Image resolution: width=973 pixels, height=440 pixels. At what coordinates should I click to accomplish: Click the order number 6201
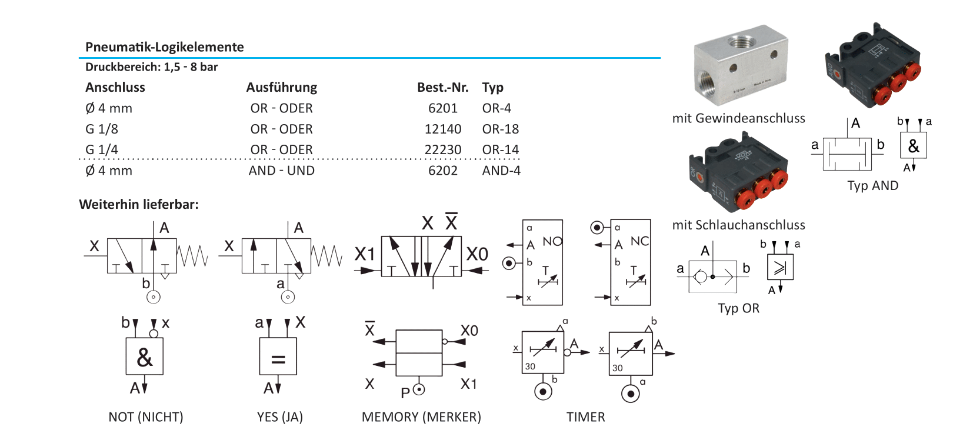[x=442, y=108]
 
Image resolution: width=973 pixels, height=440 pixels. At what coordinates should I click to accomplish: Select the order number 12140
[x=442, y=129]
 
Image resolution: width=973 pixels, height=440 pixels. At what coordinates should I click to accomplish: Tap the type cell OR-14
[x=500, y=149]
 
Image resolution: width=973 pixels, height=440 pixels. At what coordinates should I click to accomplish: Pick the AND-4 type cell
[x=501, y=171]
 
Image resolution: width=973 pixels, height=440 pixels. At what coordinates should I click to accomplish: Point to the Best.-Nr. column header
[x=442, y=88]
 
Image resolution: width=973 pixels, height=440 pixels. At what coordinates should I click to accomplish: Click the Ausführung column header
[x=281, y=88]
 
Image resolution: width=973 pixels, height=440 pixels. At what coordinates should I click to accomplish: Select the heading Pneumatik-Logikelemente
[x=164, y=47]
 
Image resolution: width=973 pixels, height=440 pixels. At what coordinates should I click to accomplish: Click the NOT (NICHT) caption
[x=145, y=417]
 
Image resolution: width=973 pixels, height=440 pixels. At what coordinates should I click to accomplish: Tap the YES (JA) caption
[x=279, y=417]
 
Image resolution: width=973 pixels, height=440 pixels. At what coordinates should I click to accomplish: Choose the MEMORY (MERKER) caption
[x=421, y=417]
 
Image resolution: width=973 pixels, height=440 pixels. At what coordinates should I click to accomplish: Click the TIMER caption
[x=585, y=417]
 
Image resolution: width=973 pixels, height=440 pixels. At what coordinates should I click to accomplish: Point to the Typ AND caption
[x=872, y=186]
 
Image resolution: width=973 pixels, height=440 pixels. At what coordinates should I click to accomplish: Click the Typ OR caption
[x=738, y=308]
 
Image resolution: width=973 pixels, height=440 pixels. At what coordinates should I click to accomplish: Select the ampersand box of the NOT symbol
[x=144, y=356]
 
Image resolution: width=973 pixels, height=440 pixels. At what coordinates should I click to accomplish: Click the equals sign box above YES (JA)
[x=278, y=356]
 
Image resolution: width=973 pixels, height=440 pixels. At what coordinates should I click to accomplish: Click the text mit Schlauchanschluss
[x=738, y=225]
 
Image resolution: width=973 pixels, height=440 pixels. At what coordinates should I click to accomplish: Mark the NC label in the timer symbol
[x=639, y=241]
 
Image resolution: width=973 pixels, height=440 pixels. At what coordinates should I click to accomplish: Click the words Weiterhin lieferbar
[x=139, y=205]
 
